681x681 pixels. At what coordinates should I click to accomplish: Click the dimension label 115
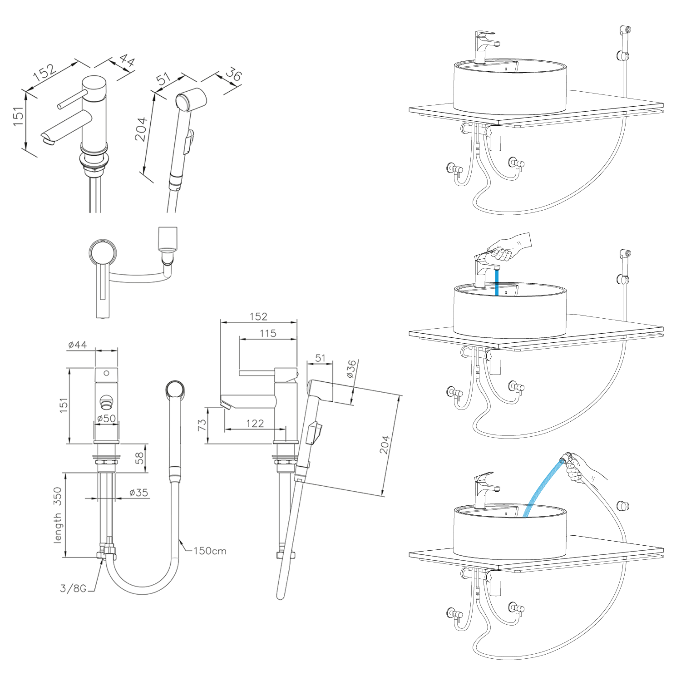268,333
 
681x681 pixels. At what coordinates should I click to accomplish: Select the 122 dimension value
255,424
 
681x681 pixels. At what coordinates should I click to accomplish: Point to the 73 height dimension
202,425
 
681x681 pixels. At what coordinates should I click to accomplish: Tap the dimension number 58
139,458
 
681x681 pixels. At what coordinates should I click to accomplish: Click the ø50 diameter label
106,418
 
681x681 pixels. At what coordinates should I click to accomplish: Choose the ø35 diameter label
138,493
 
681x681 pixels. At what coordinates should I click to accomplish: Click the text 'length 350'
58,515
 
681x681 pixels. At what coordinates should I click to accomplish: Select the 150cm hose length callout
210,551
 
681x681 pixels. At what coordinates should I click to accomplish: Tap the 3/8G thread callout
73,588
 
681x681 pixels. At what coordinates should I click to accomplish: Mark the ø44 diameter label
77,345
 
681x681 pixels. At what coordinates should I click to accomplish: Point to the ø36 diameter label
351,369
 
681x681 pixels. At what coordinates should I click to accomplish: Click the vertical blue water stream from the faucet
497,282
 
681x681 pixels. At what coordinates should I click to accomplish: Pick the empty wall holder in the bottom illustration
623,505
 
